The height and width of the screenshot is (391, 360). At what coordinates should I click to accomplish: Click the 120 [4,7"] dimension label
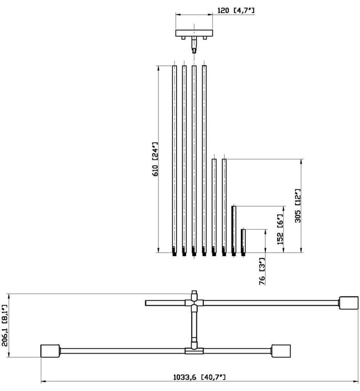click(236, 11)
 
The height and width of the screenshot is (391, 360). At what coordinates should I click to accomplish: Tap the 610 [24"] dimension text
click(155, 159)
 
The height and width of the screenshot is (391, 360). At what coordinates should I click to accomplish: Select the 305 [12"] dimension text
click(298, 205)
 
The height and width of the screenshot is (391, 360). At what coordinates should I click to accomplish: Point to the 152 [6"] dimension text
click(280, 229)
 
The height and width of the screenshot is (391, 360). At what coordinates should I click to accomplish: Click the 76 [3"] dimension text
click(262, 271)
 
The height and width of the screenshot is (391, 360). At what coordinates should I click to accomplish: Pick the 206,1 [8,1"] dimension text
click(5, 325)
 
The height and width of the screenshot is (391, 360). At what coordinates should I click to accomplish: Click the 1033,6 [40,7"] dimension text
click(200, 377)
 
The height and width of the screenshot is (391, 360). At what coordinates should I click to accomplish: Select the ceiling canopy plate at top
click(194, 33)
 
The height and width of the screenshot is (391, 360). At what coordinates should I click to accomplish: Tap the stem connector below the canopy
click(194, 44)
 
